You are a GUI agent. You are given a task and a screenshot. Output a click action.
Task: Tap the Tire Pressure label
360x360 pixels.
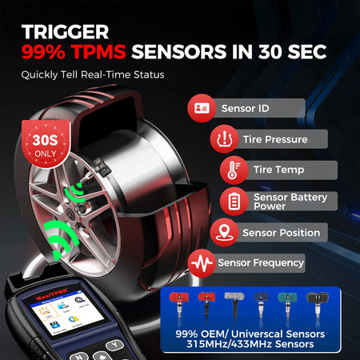coord(274,139)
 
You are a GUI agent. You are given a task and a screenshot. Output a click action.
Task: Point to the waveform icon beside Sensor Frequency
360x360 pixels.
coord(200,262)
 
